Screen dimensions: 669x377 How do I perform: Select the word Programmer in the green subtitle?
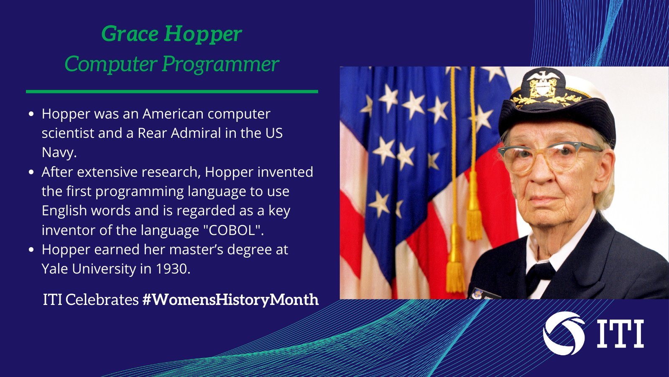pyautogui.click(x=221, y=65)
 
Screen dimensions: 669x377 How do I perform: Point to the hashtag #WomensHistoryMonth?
pyautogui.click(x=230, y=300)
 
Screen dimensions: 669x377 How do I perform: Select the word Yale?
pyautogui.click(x=55, y=269)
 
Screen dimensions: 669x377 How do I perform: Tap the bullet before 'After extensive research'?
pyautogui.click(x=31, y=172)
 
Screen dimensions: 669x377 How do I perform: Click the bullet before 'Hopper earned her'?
pyautogui.click(x=31, y=250)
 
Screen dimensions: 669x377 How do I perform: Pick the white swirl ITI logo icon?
pyautogui.click(x=564, y=333)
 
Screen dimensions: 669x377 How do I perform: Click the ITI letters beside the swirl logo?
pyautogui.click(x=620, y=333)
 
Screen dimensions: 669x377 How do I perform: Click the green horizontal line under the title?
pyautogui.click(x=172, y=92)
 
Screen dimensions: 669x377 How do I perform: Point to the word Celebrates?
pyautogui.click(x=102, y=300)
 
